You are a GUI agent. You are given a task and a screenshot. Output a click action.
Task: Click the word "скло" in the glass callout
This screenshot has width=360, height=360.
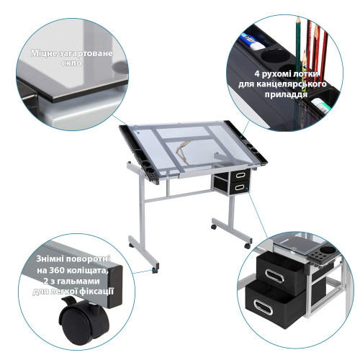pyautogui.click(x=71, y=63)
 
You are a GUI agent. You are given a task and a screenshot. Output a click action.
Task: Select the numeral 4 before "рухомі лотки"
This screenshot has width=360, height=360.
pyautogui.click(x=257, y=73)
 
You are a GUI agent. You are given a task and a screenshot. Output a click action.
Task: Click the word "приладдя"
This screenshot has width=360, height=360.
pyautogui.click(x=286, y=94)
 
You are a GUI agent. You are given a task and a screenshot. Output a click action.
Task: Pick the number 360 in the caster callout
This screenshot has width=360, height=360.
pyautogui.click(x=57, y=270)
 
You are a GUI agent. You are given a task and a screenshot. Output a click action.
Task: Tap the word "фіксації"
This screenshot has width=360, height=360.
pyautogui.click(x=96, y=292)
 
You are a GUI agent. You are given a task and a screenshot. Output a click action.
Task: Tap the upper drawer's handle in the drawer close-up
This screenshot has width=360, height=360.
pyautogui.click(x=274, y=276)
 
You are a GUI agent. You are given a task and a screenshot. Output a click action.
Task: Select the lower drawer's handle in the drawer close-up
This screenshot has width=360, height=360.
pyautogui.click(x=263, y=307)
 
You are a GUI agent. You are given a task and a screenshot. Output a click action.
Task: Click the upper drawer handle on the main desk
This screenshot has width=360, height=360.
pyautogui.click(x=240, y=175)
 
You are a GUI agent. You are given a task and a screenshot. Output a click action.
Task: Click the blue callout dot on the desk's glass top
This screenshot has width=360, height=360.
pyautogui.click(x=138, y=132)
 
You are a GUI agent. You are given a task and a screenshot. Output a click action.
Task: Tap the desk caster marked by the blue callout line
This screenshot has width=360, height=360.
pyautogui.click(x=155, y=270)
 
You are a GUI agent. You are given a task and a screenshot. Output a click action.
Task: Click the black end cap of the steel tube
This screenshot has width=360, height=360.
pyautogui.click(x=115, y=287)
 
